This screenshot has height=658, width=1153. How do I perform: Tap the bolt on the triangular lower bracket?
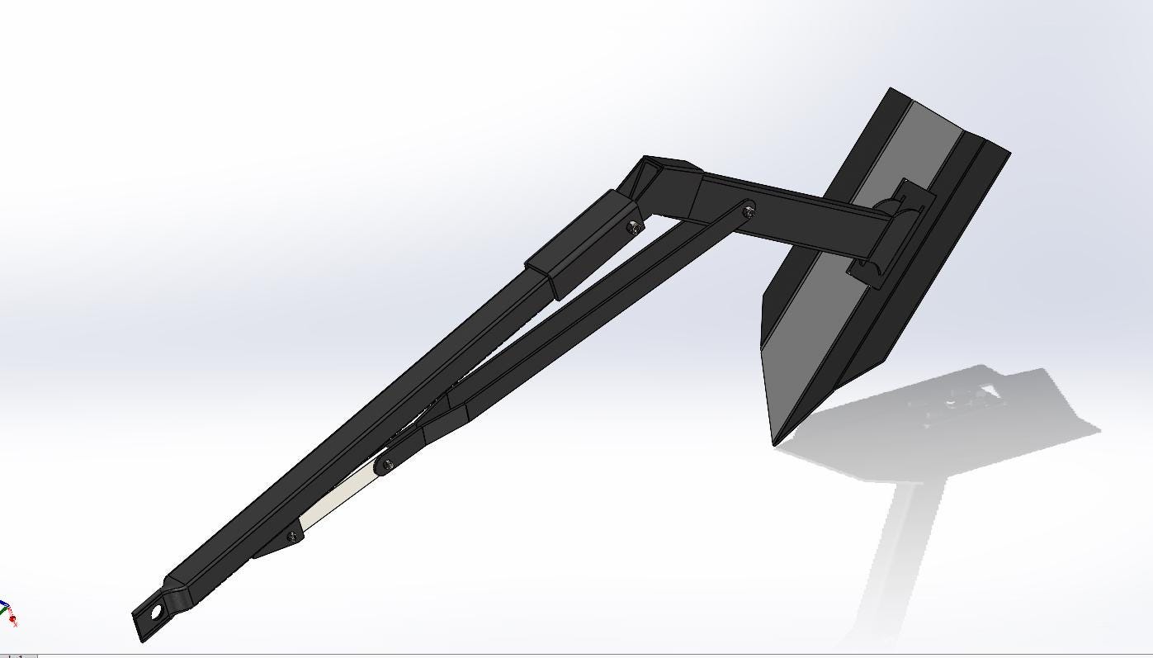291,537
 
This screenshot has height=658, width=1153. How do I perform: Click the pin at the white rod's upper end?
383,466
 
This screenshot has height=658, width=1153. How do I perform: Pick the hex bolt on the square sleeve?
633,227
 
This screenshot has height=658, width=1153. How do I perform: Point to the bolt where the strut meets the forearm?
748,211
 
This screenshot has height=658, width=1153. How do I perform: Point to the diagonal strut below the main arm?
578,322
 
